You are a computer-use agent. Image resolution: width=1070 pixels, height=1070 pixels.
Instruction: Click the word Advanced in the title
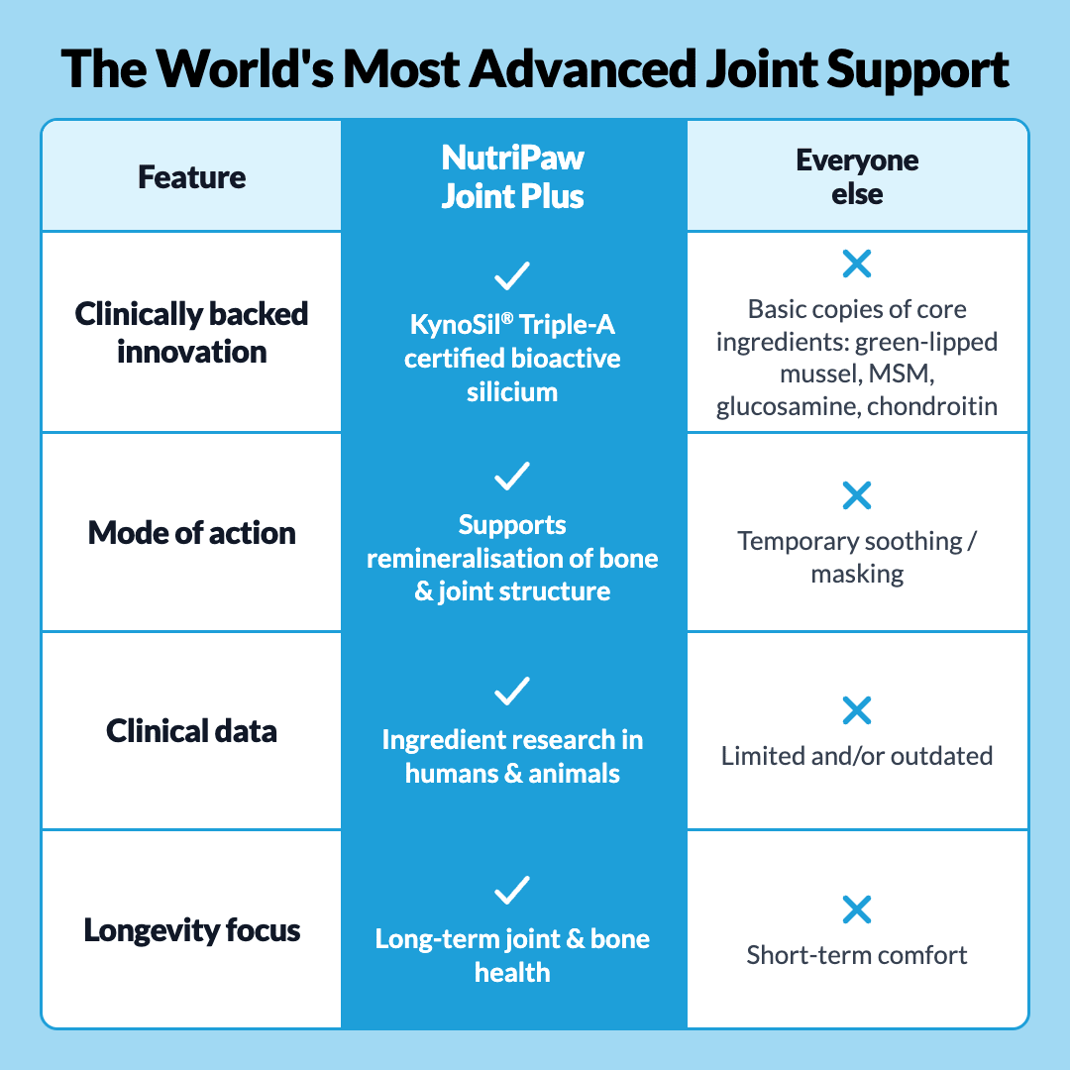[x=585, y=69]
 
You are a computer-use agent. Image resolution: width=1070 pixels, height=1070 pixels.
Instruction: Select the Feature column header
[x=192, y=177]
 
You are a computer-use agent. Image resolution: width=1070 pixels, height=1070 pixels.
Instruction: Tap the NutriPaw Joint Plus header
[x=512, y=176]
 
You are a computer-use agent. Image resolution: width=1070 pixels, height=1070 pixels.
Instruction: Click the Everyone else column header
[x=857, y=177]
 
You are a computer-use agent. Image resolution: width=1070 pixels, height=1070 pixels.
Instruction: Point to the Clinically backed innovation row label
[x=192, y=333]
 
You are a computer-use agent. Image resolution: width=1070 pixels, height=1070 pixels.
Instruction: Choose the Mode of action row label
[x=192, y=533]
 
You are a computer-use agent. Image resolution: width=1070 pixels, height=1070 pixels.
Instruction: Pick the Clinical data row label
[x=192, y=731]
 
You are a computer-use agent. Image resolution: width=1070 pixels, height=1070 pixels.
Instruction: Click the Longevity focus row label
[x=192, y=930]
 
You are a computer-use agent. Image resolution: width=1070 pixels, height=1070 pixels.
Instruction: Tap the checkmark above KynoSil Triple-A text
[x=512, y=275]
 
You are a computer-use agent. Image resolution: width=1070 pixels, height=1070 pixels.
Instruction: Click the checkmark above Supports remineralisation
[x=512, y=477]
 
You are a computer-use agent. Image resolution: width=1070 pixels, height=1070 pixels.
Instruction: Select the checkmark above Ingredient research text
[x=512, y=692]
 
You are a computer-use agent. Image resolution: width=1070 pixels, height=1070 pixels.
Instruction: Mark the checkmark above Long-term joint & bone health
[x=512, y=890]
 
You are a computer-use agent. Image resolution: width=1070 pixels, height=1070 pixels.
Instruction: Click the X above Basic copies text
[x=857, y=265]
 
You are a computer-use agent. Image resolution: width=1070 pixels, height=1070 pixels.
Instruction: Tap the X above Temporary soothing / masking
[x=857, y=496]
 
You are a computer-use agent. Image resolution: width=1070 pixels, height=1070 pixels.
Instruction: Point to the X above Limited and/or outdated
[x=857, y=710]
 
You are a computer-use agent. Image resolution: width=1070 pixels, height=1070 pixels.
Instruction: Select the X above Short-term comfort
[x=857, y=909]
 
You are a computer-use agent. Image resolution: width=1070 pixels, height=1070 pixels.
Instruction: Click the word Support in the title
[x=917, y=71]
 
